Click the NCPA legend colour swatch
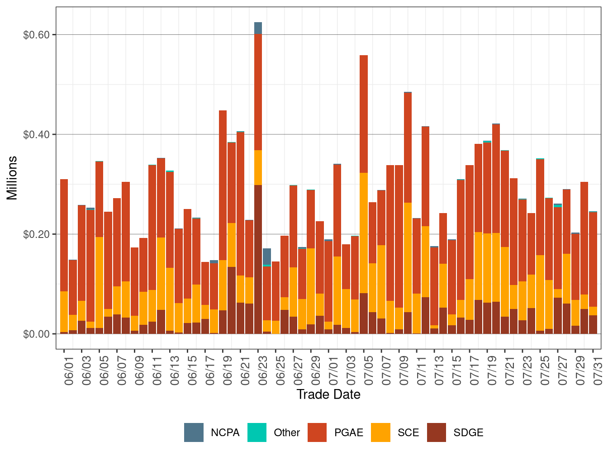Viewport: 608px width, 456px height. tap(194, 432)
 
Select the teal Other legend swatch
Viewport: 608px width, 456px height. tap(257, 432)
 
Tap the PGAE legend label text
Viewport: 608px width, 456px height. tap(349, 432)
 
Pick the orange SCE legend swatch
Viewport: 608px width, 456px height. tap(380, 432)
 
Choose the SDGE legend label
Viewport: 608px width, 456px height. tap(468, 432)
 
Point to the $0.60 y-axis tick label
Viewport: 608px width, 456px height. tap(36, 35)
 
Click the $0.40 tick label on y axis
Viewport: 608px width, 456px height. tap(36, 135)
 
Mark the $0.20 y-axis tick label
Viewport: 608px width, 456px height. tap(36, 234)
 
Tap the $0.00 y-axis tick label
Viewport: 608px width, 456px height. tap(36, 334)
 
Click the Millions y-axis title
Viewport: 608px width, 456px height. tap(12, 178)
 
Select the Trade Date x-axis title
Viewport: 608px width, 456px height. tap(328, 394)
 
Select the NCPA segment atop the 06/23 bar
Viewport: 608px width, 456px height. tap(258, 28)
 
